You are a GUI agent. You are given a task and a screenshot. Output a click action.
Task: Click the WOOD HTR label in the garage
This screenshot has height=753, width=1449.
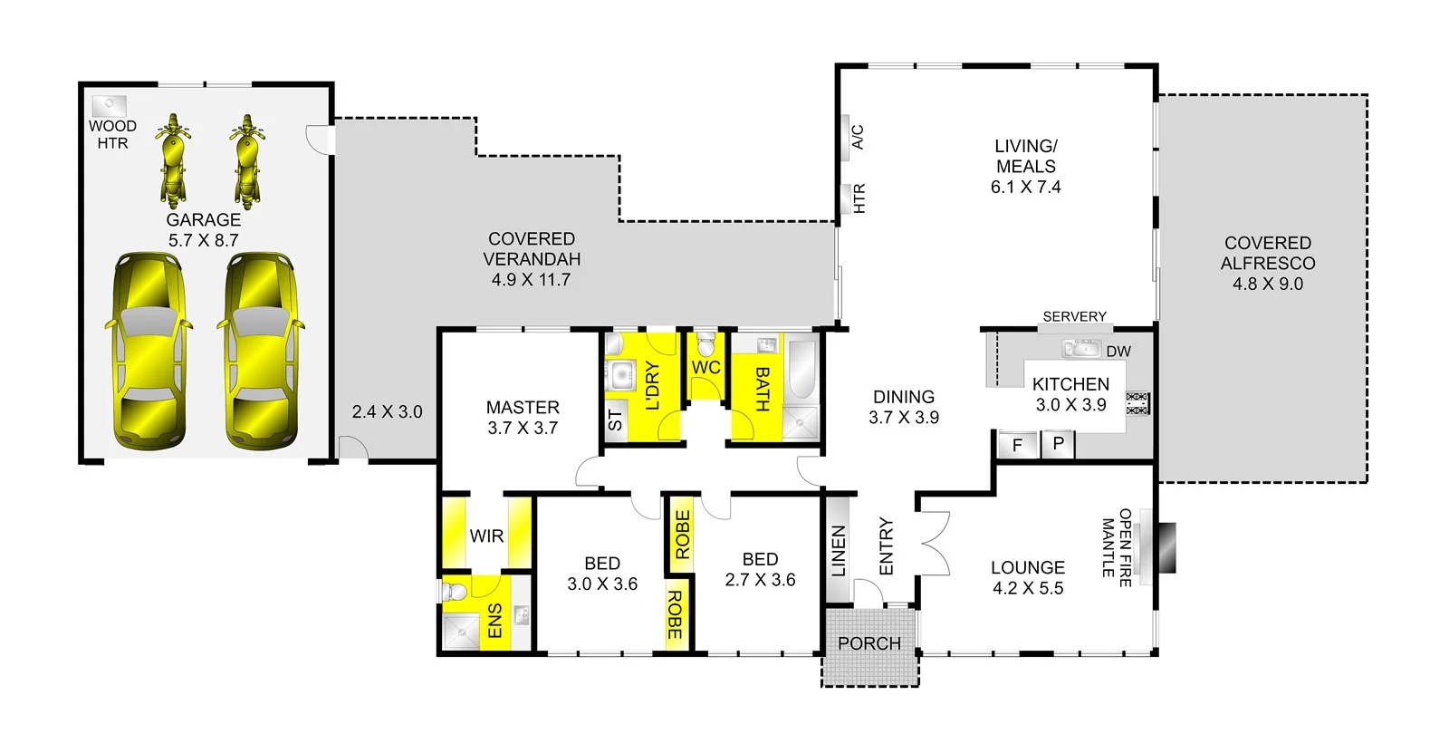coord(112,134)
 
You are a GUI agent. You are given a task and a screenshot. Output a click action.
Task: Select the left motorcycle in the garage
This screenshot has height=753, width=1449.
coord(173,161)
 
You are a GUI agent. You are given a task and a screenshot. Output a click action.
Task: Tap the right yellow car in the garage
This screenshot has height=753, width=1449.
coord(260,352)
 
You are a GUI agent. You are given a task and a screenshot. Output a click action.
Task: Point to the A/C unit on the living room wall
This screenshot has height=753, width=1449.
coord(846,137)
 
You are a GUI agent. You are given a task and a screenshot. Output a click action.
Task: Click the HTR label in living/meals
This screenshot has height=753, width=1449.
coord(859,198)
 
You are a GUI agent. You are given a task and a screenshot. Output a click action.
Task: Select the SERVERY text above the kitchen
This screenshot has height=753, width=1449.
coord(1074,316)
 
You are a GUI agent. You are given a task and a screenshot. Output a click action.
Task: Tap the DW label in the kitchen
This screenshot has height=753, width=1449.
coord(1118,352)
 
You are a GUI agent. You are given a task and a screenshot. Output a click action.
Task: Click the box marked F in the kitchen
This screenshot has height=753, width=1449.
coord(1017,445)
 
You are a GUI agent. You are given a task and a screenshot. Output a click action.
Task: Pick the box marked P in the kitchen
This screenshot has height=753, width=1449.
coord(1058,444)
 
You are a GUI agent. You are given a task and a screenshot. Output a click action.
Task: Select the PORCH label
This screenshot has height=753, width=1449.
coord(868,643)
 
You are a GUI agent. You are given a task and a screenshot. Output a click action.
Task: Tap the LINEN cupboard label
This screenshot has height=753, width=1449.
coord(839,550)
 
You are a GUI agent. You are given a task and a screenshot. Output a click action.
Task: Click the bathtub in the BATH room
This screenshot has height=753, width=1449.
coord(802,368)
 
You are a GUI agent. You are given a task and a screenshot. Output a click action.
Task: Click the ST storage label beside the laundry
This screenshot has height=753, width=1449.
coord(615,420)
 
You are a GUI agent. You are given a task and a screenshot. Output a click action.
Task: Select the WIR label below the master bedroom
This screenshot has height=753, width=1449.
coord(486,536)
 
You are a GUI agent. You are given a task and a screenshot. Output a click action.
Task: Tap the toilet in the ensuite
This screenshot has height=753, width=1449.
coord(456,593)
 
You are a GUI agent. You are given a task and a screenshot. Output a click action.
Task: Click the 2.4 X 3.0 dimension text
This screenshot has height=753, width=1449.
coord(387,411)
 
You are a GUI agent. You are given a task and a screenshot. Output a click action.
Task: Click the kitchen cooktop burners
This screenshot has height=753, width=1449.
coord(1137,403)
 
